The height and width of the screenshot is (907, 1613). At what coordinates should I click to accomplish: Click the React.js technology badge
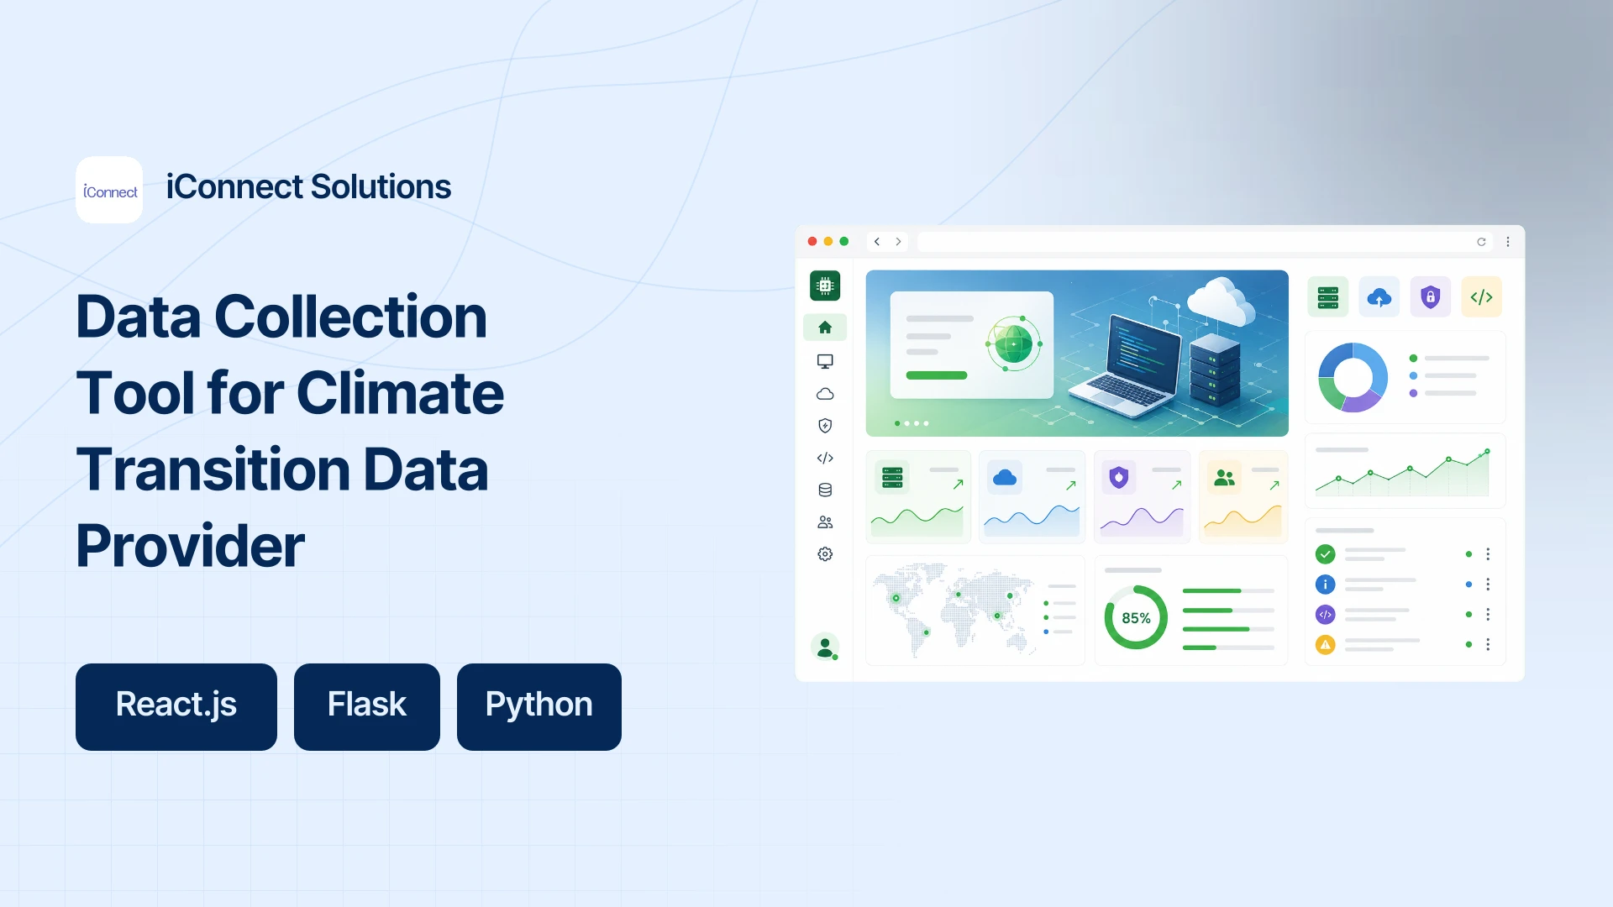(176, 706)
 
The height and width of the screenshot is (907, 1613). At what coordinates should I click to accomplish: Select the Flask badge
(367, 706)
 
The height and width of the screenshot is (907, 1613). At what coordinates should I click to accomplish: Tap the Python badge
(539, 706)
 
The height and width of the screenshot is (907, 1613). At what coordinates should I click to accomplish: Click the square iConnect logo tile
(109, 190)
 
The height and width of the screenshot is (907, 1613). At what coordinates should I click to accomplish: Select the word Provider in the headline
(191, 546)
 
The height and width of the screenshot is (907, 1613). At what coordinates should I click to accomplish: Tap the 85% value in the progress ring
(1136, 618)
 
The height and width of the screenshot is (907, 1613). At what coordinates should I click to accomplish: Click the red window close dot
(812, 241)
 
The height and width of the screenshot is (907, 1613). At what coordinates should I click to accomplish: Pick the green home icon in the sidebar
(825, 328)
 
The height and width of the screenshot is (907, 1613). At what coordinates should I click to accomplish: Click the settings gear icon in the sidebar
(825, 554)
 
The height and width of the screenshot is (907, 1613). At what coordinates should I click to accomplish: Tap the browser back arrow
(877, 242)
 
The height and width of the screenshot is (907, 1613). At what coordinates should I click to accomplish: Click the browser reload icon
(1481, 242)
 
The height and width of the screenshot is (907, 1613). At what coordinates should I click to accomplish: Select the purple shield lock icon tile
(1430, 296)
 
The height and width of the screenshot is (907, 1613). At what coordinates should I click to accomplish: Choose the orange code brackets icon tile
(1481, 296)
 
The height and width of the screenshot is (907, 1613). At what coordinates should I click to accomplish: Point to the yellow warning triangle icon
(1325, 645)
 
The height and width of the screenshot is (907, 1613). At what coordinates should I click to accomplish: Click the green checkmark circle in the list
(1325, 554)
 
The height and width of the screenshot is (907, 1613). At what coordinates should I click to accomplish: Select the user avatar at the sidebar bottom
(825, 647)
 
